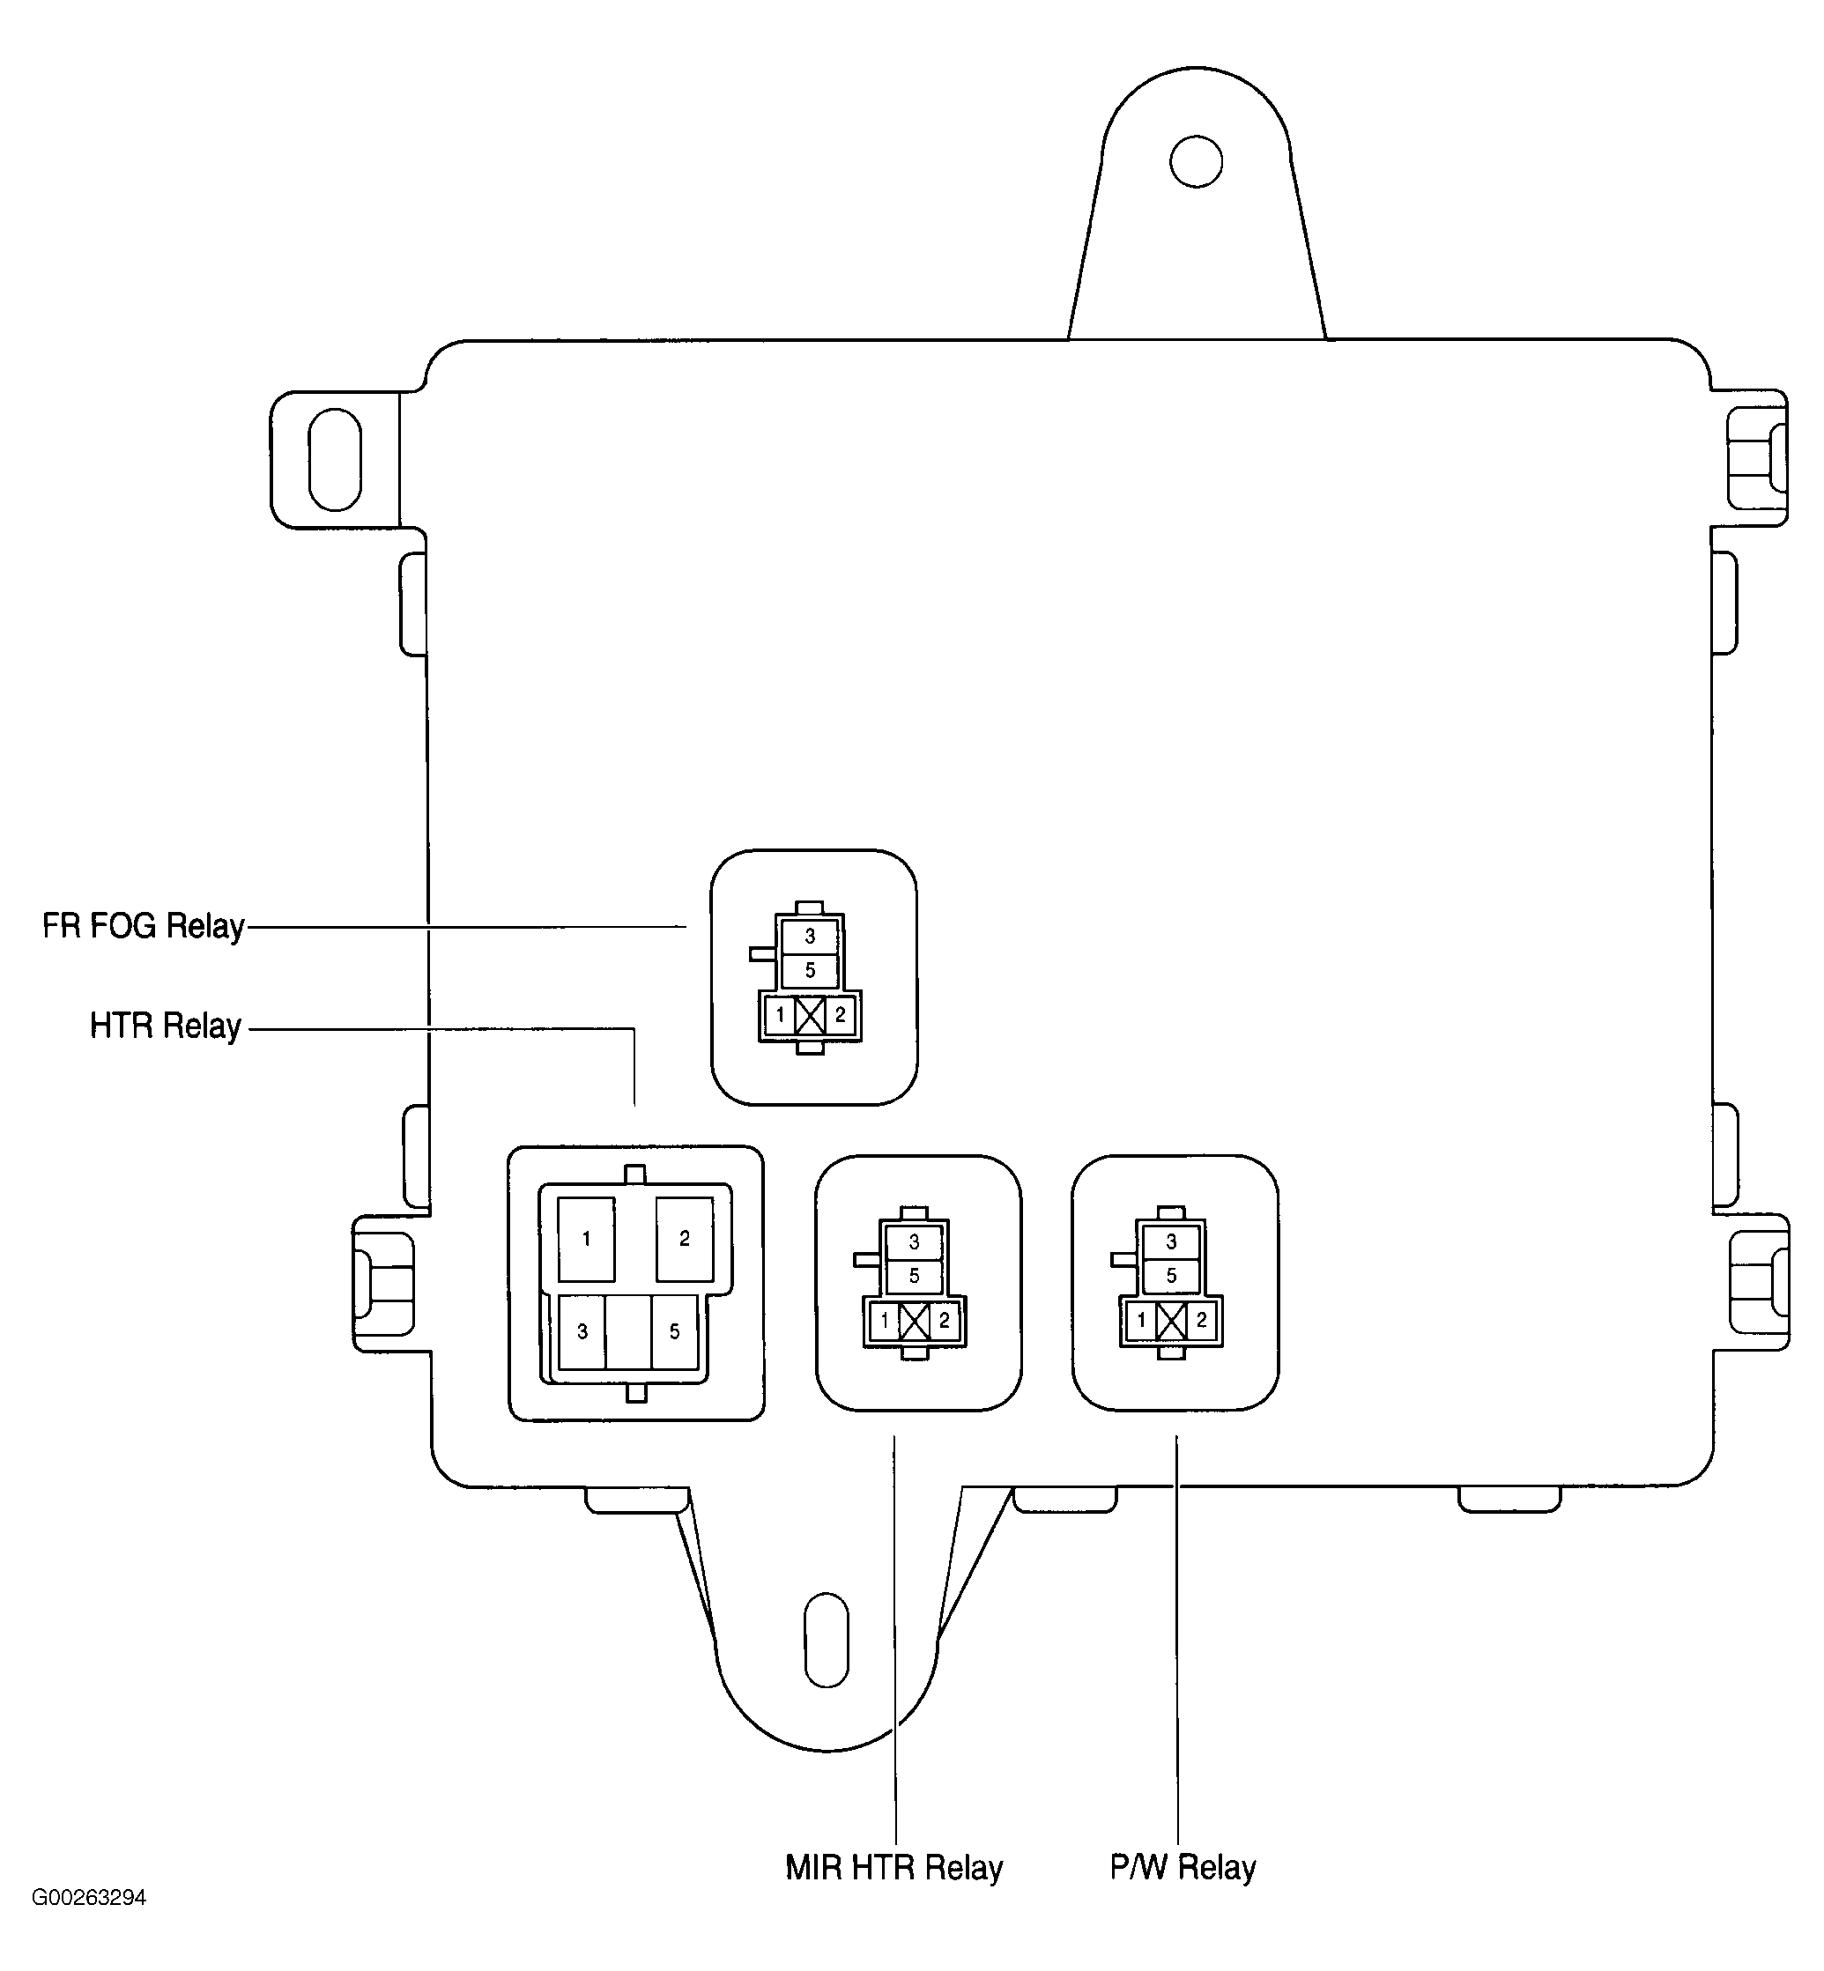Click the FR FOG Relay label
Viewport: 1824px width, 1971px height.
(143, 927)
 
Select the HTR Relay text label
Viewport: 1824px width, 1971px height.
(165, 1026)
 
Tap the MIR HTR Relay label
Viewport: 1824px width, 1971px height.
(893, 1867)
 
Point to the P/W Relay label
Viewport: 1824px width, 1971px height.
(1183, 1867)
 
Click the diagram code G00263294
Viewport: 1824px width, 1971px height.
(89, 1897)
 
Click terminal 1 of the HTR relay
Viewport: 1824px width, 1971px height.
(586, 1239)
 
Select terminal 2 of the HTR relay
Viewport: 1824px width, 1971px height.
(684, 1239)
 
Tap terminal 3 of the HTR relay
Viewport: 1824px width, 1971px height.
(582, 1331)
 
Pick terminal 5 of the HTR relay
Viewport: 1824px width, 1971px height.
(674, 1331)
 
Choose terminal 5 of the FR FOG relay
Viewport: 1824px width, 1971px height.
(811, 970)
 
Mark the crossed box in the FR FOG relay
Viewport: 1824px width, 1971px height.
(811, 1015)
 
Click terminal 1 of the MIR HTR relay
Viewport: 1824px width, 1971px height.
(885, 1321)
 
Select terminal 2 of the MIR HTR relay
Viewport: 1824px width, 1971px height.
(944, 1321)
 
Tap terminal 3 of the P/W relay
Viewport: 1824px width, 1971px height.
(1172, 1242)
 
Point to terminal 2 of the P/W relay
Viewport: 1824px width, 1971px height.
(1201, 1321)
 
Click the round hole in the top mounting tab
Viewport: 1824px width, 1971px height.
(1197, 162)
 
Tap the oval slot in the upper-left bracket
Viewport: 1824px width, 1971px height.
(336, 460)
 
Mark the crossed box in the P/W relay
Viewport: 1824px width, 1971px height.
(1172, 1321)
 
